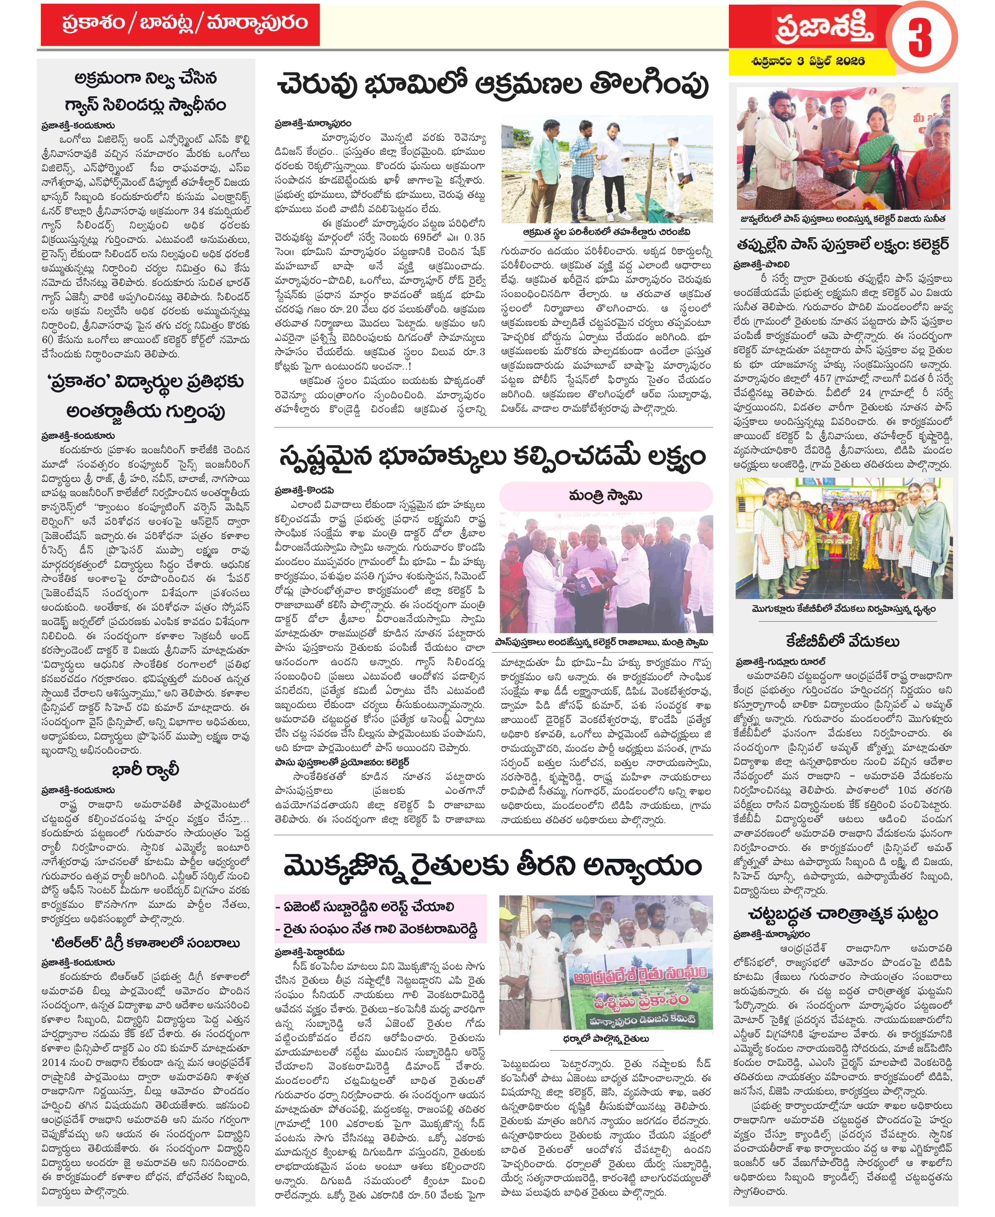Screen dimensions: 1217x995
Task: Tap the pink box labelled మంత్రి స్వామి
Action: coord(606,495)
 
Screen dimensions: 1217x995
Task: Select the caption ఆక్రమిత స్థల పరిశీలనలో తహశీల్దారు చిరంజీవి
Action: coord(606,232)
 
